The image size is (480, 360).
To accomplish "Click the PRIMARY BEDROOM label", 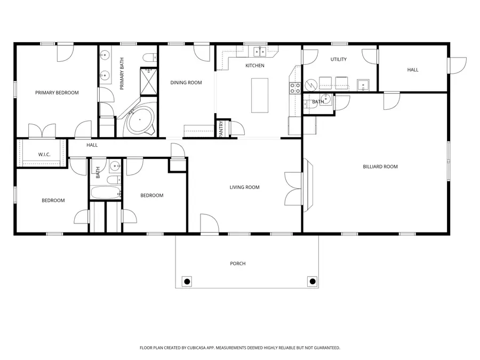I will pyautogui.click(x=57, y=93).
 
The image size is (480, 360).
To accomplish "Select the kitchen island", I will pyautogui.click(x=260, y=95).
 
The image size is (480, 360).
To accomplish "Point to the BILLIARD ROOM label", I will pyautogui.click(x=380, y=167).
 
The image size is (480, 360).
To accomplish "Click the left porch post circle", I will pyautogui.click(x=187, y=281).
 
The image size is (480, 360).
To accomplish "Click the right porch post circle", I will pyautogui.click(x=312, y=281).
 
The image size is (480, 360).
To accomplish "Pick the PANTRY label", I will pyautogui.click(x=221, y=130).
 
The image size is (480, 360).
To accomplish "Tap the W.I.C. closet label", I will pyautogui.click(x=44, y=155).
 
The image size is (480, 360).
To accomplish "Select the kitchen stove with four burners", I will pyautogui.click(x=294, y=88).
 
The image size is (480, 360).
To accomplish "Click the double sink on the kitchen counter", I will pyautogui.click(x=260, y=51).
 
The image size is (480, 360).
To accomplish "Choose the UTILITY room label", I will pyautogui.click(x=338, y=59).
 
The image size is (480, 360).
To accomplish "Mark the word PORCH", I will pyautogui.click(x=237, y=263).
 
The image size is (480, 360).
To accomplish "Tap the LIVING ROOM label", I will pyautogui.click(x=244, y=187).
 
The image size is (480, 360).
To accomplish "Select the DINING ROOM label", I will pyautogui.click(x=186, y=83).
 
